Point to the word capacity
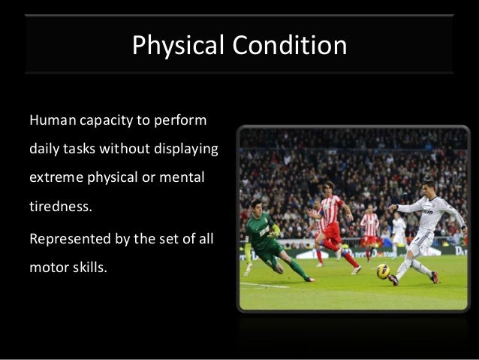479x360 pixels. coord(109,120)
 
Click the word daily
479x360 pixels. coord(43,150)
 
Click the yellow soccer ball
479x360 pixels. coord(382,271)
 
